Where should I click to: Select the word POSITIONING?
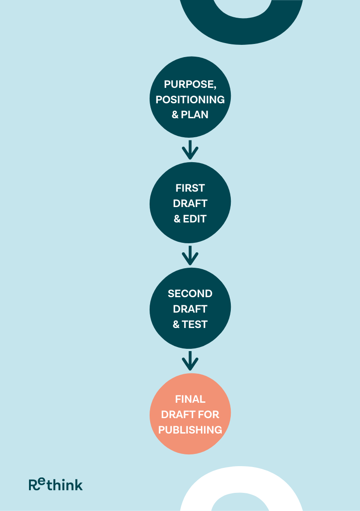pyautogui.click(x=190, y=100)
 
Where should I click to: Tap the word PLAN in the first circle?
pyautogui.click(x=195, y=115)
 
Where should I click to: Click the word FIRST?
pyautogui.click(x=190, y=188)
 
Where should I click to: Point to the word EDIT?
pyautogui.click(x=195, y=219)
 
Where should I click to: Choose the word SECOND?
pyautogui.click(x=190, y=294)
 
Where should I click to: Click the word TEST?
pyautogui.click(x=195, y=324)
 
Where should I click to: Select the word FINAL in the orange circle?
pyautogui.click(x=190, y=399)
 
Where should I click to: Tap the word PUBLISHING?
pyautogui.click(x=190, y=430)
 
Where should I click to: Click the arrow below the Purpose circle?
pyautogui.click(x=190, y=150)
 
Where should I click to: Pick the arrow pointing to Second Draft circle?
pyautogui.click(x=190, y=255)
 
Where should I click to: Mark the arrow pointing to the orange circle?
pyautogui.click(x=190, y=361)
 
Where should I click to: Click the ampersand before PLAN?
pyautogui.click(x=175, y=115)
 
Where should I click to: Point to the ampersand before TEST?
pyautogui.click(x=176, y=324)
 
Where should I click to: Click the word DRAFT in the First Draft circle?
pyautogui.click(x=190, y=203)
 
